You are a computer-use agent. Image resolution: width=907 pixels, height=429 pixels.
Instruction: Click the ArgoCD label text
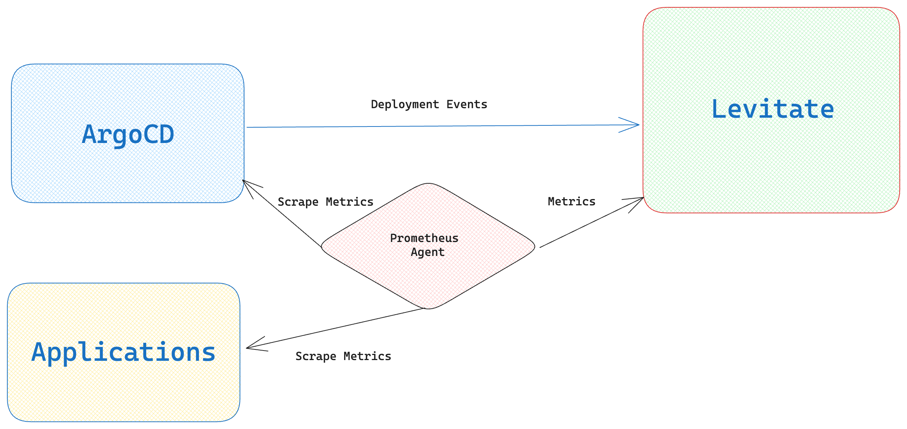[128, 135]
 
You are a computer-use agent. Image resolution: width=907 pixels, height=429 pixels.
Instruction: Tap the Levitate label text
[773, 109]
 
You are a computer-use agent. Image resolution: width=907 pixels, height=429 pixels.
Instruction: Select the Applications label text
[123, 352]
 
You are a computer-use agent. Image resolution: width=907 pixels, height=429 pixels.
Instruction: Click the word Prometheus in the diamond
[424, 238]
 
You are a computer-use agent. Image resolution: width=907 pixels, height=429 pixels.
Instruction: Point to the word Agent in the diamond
[427, 252]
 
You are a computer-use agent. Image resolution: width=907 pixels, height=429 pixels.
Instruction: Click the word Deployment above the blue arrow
[405, 105]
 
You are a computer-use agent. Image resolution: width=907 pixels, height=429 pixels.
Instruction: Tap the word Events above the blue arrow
[467, 104]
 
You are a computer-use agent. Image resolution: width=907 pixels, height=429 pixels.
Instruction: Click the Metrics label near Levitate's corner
[571, 202]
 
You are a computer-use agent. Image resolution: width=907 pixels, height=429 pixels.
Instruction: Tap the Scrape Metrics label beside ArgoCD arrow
[325, 202]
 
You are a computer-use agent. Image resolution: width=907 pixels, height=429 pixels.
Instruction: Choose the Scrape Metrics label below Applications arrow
[343, 356]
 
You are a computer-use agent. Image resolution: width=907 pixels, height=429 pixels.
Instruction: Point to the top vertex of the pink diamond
[428, 183]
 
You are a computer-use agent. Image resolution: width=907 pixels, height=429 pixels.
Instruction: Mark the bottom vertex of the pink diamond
[428, 309]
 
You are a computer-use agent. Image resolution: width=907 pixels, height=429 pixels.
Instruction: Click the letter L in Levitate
[719, 109]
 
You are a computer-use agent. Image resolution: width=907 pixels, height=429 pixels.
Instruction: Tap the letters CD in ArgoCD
[162, 135]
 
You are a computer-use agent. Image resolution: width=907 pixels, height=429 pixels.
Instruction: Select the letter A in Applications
[40, 352]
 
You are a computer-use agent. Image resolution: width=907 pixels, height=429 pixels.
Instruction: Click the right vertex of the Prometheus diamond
[535, 247]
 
